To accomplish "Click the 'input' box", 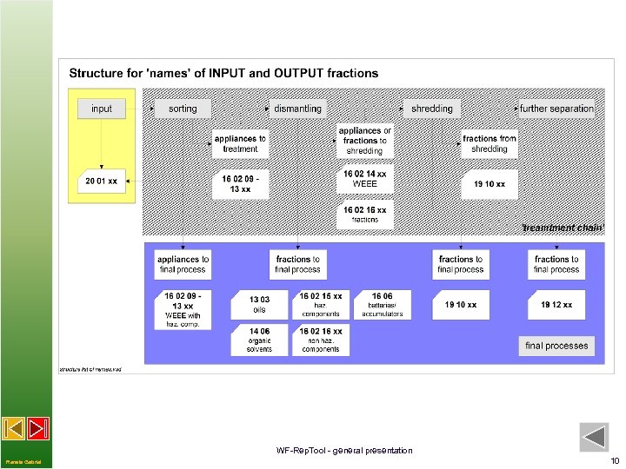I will (102, 109).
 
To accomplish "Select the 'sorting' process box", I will (183, 109).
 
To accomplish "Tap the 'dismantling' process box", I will (297, 109).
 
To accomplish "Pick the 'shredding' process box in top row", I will (432, 109).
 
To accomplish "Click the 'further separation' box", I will (557, 109).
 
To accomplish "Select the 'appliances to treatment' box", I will (240, 143).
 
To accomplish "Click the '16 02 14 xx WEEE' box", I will (365, 179).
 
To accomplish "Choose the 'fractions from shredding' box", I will (489, 143).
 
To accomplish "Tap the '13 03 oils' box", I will (259, 304).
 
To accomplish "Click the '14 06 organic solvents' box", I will (259, 340).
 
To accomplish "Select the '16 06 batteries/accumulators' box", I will (382, 304).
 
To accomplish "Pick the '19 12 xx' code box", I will (556, 305).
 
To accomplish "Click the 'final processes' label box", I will (556, 346).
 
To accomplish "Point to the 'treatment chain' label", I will (562, 228).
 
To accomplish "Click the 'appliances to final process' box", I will (183, 264).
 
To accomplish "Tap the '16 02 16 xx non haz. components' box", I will (321, 340).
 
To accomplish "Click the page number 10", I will (615, 460).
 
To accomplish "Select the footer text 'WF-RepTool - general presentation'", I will (344, 450).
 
